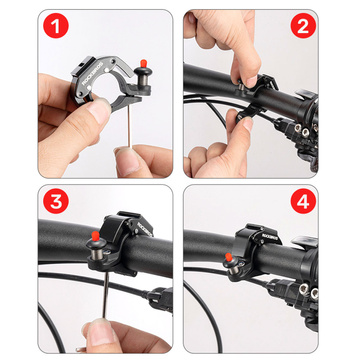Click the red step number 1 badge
point(33,31)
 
